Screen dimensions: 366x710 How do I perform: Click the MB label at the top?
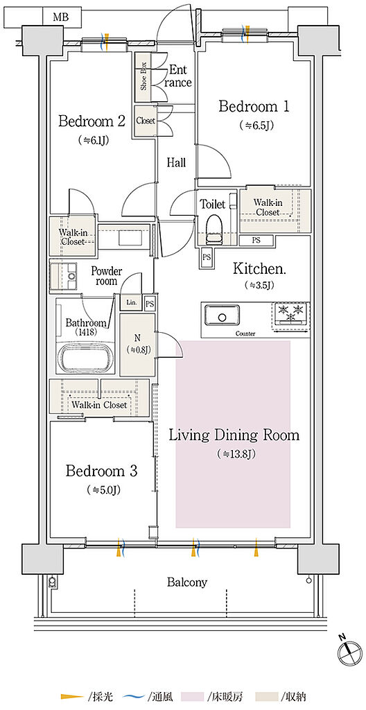(60, 17)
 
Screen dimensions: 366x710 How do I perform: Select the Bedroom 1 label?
(254, 107)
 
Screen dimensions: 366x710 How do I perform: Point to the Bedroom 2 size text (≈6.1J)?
(93, 140)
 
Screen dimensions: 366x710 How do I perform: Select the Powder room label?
(107, 276)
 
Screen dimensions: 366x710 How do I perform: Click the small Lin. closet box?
(131, 302)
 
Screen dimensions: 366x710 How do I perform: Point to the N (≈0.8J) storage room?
(137, 344)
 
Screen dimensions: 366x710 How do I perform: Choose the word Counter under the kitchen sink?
(245, 334)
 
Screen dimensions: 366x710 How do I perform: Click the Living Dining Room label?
(234, 435)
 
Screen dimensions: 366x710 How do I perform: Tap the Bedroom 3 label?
(101, 471)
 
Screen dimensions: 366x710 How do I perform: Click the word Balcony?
(187, 582)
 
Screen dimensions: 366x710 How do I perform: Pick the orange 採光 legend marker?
(72, 695)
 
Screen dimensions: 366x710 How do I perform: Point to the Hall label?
(176, 162)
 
